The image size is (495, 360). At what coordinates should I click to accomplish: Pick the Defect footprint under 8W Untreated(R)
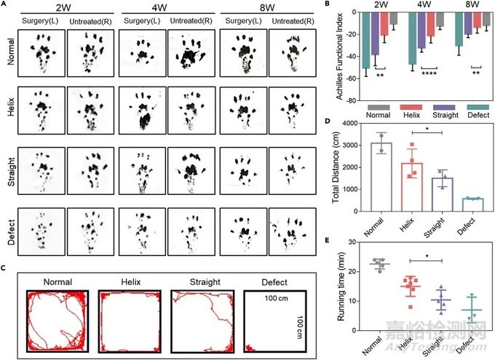[x=291, y=230]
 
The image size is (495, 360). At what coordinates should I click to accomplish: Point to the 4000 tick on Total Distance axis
[x=355, y=124]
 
